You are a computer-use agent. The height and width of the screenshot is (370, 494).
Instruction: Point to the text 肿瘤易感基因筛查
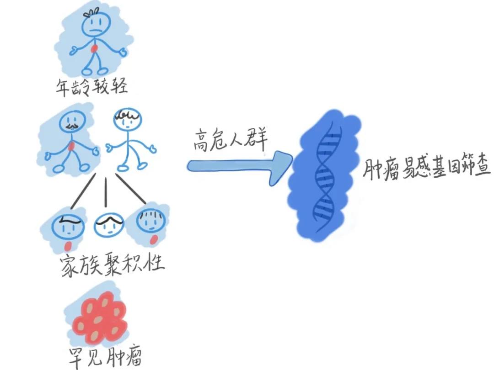tap(427, 170)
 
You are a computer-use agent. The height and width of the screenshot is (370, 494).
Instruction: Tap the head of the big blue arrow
tap(280, 166)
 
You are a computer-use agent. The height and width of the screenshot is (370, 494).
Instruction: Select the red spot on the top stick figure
tap(95, 49)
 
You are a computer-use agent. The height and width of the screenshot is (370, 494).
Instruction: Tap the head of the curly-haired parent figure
tap(128, 120)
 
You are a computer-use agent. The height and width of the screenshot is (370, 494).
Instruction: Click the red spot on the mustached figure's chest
tap(71, 146)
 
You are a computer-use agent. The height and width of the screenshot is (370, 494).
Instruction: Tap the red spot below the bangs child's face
tap(154, 239)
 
